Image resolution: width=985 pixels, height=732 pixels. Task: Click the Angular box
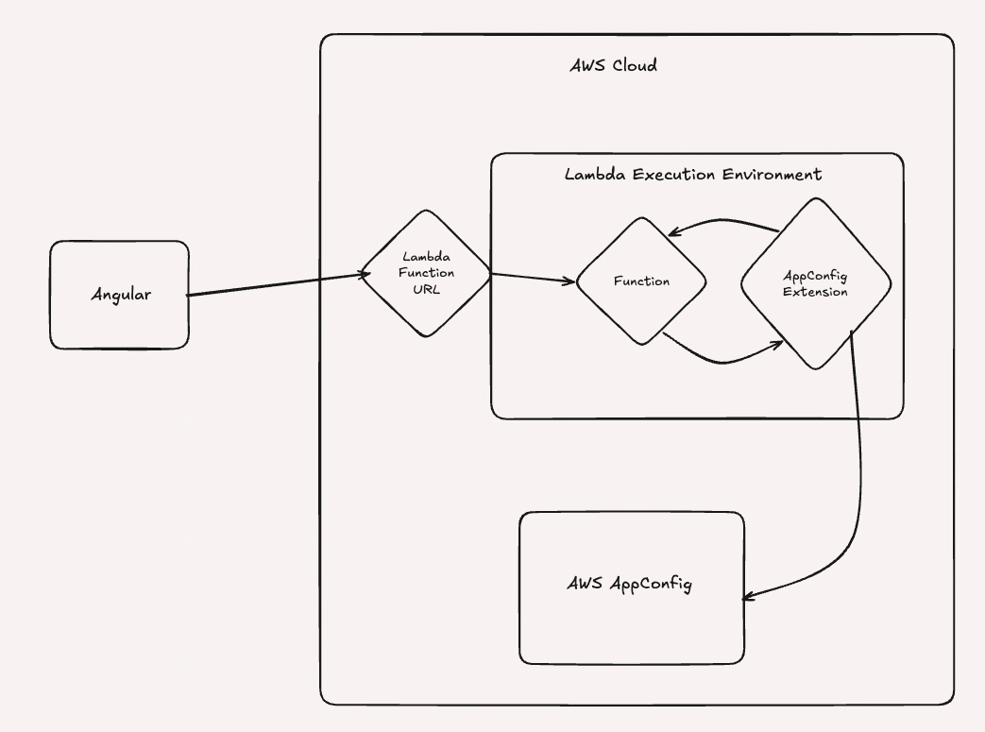point(120,295)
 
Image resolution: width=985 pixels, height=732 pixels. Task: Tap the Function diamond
point(642,281)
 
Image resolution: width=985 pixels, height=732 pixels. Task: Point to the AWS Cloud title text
point(613,66)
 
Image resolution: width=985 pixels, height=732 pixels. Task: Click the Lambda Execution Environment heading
point(692,175)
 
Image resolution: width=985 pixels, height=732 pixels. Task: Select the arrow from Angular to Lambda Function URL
point(274,285)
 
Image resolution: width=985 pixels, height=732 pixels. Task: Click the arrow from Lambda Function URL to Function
point(534,279)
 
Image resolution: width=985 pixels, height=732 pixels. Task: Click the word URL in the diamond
point(426,287)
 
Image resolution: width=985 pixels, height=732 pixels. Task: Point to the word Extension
point(815,292)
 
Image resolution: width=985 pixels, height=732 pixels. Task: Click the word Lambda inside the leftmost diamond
point(426,256)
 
